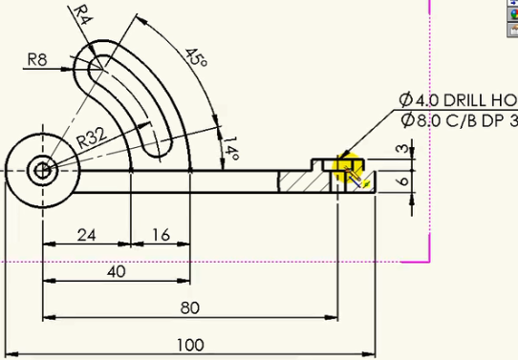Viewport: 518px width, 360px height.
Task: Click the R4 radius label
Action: (x=83, y=15)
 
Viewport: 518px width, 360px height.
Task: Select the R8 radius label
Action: (x=37, y=60)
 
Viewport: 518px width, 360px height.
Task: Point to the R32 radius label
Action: (x=92, y=138)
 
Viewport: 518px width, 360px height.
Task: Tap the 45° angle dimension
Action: (x=196, y=57)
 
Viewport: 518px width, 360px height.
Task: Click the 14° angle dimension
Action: (x=231, y=148)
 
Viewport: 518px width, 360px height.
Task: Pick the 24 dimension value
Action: (x=87, y=235)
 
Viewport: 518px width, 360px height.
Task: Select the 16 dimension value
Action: (x=162, y=235)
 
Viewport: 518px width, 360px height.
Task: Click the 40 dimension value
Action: (x=117, y=271)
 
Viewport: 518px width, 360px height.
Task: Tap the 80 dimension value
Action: (x=190, y=307)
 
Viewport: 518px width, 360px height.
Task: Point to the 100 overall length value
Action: (x=190, y=345)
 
